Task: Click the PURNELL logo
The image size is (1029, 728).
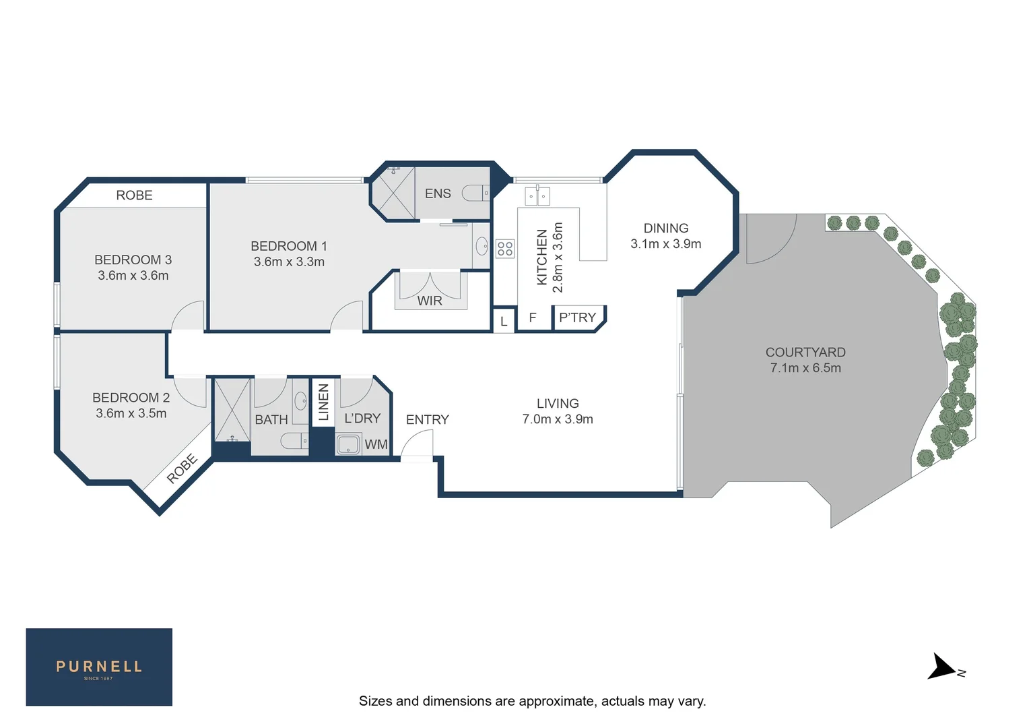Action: pyautogui.click(x=99, y=667)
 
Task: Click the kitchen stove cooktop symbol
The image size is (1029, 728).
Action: pyautogui.click(x=505, y=248)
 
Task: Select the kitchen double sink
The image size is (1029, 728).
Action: pyautogui.click(x=537, y=196)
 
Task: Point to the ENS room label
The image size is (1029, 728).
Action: pyautogui.click(x=438, y=193)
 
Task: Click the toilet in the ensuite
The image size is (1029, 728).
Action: pyautogui.click(x=476, y=193)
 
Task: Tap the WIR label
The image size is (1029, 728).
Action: pyautogui.click(x=430, y=301)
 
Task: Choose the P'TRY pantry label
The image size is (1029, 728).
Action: pyautogui.click(x=577, y=317)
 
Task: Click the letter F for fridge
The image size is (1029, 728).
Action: pyautogui.click(x=533, y=317)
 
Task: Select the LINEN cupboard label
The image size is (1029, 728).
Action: pyautogui.click(x=323, y=402)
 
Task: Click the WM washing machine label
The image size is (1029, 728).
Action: pyautogui.click(x=376, y=445)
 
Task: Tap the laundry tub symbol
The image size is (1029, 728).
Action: pyautogui.click(x=348, y=445)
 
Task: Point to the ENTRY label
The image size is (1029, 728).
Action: pyautogui.click(x=427, y=420)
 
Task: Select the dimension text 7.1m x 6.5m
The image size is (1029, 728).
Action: pyautogui.click(x=805, y=368)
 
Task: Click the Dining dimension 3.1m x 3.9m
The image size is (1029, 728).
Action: pyautogui.click(x=665, y=244)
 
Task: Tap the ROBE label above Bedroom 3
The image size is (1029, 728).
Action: pyautogui.click(x=134, y=195)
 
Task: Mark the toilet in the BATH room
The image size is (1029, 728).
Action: pyautogui.click(x=294, y=442)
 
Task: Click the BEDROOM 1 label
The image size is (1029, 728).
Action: pyautogui.click(x=288, y=247)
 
